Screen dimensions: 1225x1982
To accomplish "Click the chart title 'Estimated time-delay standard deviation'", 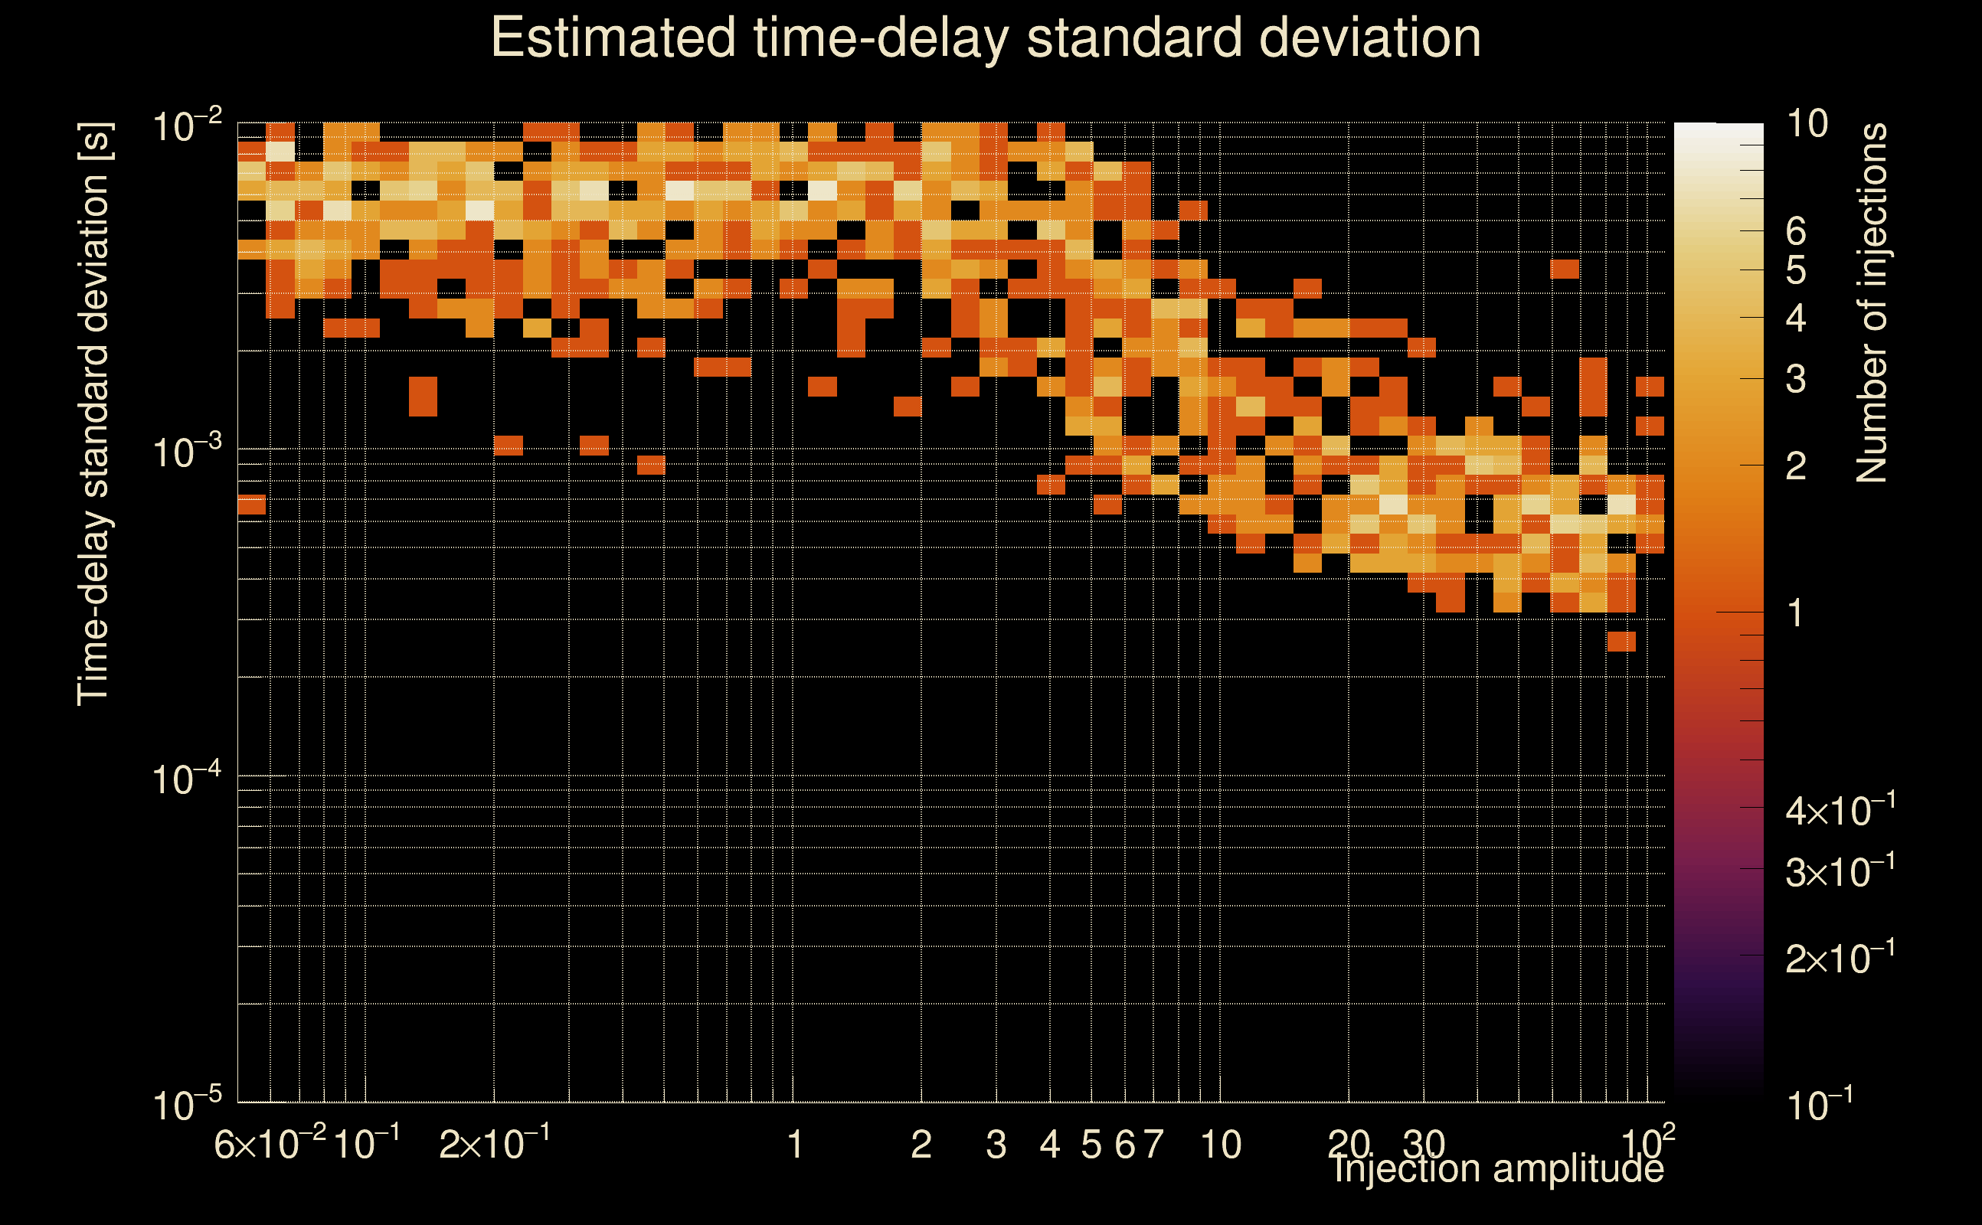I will [x=986, y=39].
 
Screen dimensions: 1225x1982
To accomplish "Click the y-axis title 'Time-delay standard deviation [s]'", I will [x=94, y=413].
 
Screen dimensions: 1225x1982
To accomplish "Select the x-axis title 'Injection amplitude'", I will [x=1498, y=1168].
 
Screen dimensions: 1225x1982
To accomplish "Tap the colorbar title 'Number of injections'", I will [x=1872, y=302].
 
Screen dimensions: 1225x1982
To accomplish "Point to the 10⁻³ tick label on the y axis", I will [x=187, y=452].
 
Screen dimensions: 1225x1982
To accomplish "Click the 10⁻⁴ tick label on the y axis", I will [x=187, y=779].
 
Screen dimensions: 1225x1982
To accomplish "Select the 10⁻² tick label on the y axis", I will [x=187, y=126].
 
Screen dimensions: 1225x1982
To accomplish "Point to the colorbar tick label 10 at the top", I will [x=1807, y=124].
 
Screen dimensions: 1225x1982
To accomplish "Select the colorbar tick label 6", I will [x=1796, y=232].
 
